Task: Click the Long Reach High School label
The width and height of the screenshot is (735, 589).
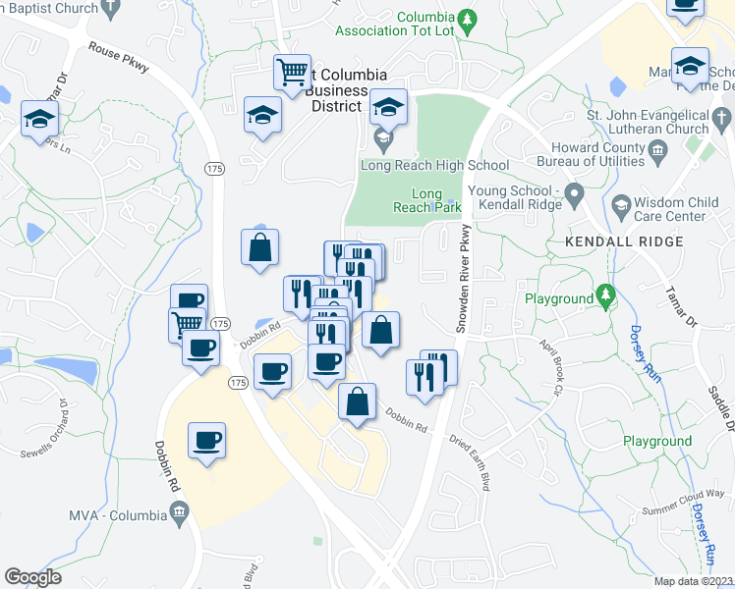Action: tap(434, 165)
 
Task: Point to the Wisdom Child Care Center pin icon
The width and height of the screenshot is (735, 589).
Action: tap(620, 204)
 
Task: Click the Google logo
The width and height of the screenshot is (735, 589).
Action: tap(32, 576)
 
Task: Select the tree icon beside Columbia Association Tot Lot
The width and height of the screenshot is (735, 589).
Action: tap(469, 18)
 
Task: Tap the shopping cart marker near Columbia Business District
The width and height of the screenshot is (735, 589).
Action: tap(292, 72)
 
